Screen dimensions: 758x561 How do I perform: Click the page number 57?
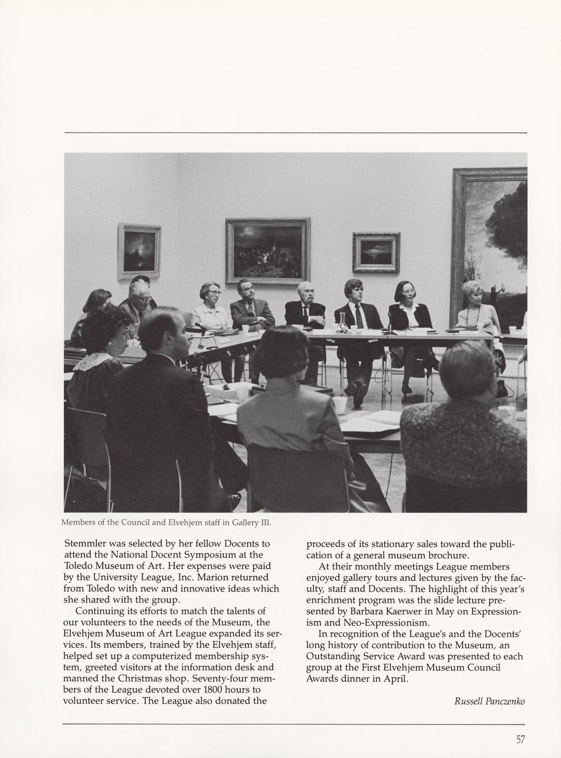coord(520,739)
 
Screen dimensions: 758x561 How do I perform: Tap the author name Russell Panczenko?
coord(489,701)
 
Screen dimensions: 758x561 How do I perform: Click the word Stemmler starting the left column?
coord(87,544)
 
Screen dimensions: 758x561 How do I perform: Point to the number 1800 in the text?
coord(214,690)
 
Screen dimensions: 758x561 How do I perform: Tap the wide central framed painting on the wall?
coord(268,251)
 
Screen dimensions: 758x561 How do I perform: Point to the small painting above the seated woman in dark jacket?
coord(376,252)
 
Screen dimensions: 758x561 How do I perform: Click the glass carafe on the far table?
coord(342,323)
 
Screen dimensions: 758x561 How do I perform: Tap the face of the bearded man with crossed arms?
coord(306,294)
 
